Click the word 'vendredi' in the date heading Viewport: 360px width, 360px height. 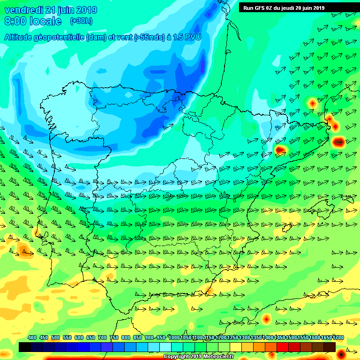(22, 10)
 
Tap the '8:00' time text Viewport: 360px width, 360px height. (14, 21)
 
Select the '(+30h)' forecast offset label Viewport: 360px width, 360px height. (81, 21)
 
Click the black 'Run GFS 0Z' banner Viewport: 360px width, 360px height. (284, 7)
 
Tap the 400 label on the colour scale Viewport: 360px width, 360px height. (32, 337)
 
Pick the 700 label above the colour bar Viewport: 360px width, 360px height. (103, 337)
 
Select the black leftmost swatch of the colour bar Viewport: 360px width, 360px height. (25, 347)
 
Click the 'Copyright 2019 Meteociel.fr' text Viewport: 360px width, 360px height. (198, 356)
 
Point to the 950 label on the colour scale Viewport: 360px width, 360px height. (161, 337)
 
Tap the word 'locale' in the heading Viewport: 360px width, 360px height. (46, 21)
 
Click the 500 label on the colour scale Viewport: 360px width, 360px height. (56, 337)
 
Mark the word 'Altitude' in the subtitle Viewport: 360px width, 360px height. (18, 37)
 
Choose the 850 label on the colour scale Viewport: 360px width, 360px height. (138, 337)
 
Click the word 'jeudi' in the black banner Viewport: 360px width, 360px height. (289, 7)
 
